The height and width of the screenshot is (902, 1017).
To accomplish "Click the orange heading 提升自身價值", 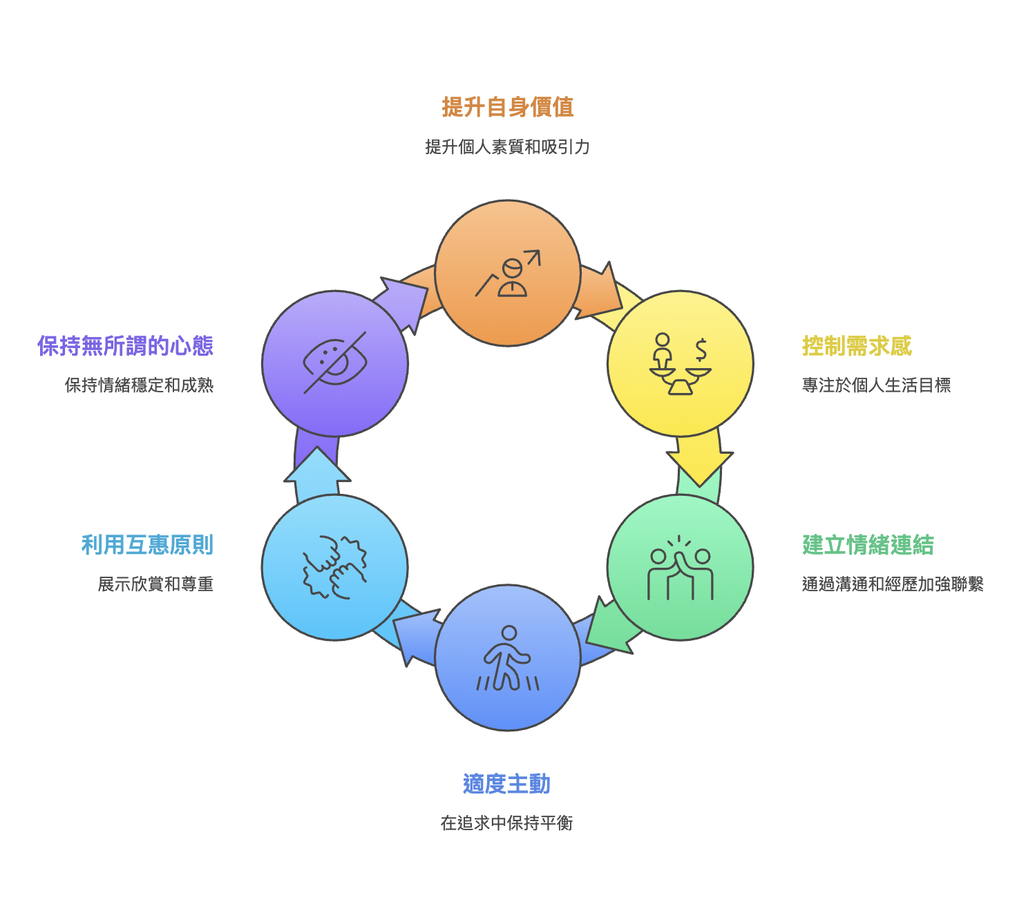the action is coord(507,107).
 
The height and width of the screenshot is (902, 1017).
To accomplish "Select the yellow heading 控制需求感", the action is coord(857,346).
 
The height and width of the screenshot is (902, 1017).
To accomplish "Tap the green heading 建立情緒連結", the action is coord(867,545).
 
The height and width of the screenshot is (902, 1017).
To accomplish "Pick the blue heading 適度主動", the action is coord(506,783).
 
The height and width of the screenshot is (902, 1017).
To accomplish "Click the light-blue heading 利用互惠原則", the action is coord(148,545).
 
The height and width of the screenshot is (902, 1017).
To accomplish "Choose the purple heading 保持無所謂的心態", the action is coord(126,346).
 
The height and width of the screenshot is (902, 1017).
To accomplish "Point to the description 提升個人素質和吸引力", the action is coord(507,146).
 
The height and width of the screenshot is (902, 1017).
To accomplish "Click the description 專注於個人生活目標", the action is coord(876,385).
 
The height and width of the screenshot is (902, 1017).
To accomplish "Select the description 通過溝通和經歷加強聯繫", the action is coord(893,584).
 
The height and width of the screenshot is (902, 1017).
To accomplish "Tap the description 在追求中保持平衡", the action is coord(506,823).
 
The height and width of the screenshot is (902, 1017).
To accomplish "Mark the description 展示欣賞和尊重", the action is coord(155,584).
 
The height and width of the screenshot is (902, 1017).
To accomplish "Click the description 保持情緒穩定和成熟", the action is coord(139,385).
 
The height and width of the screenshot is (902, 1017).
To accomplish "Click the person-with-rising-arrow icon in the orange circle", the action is coord(508,273).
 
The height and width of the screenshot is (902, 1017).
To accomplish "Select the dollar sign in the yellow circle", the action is coord(701,349).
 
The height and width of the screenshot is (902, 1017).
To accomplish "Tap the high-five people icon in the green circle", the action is coord(680,567).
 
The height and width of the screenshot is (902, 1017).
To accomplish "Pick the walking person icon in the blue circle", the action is coord(508,658).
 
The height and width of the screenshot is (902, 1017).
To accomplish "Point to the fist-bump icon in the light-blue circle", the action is coord(334,567).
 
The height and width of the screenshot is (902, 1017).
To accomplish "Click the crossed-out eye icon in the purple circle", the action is coord(335,363).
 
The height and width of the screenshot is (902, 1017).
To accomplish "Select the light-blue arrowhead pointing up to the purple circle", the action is coord(317,464).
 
